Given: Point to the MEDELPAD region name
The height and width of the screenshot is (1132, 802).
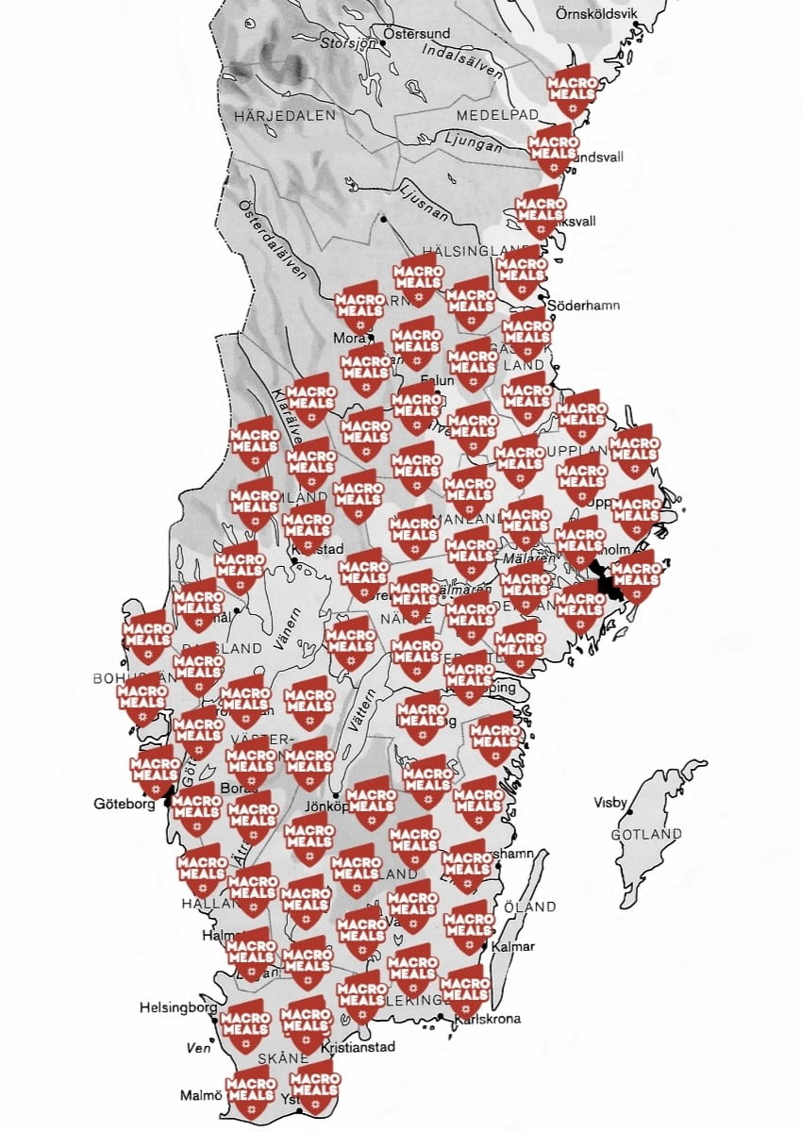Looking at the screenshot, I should (496, 114).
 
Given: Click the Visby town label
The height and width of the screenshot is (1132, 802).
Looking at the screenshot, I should (610, 803).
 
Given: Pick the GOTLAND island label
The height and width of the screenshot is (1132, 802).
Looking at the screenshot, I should (646, 835).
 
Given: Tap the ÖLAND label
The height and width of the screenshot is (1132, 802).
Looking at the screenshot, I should (534, 907).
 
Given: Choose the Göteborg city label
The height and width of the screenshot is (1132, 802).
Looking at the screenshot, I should (124, 805).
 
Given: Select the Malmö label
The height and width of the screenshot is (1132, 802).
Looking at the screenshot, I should (201, 1095).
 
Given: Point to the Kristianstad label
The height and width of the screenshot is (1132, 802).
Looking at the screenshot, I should (358, 1047).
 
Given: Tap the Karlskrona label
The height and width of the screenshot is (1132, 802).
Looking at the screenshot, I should (487, 1019).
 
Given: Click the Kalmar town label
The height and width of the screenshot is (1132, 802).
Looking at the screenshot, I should (514, 946).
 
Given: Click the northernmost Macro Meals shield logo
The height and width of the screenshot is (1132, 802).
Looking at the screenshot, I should (573, 88).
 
